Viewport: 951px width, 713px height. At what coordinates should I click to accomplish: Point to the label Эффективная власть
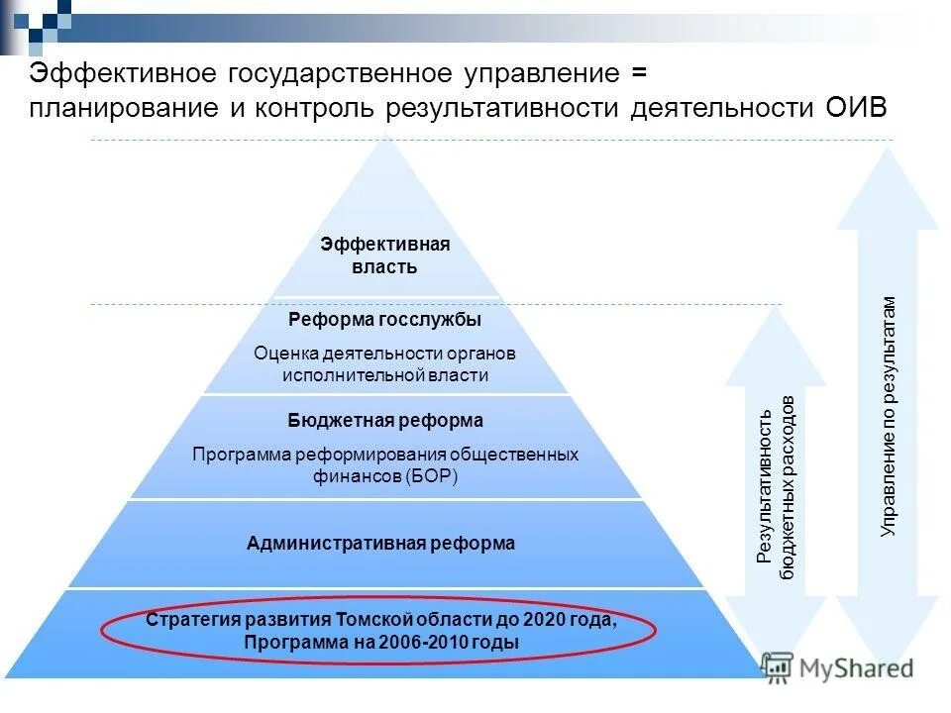(x=384, y=255)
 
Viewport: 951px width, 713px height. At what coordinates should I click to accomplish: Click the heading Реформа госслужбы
(x=384, y=320)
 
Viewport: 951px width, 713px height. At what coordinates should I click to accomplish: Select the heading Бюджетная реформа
(x=385, y=421)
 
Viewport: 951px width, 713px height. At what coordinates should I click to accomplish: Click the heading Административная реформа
(x=380, y=543)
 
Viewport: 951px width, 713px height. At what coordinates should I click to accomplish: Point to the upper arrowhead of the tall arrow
(x=888, y=188)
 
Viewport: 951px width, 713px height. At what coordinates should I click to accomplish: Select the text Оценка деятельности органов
(x=384, y=353)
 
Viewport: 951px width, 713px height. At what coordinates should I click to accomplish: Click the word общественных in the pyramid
(x=514, y=455)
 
